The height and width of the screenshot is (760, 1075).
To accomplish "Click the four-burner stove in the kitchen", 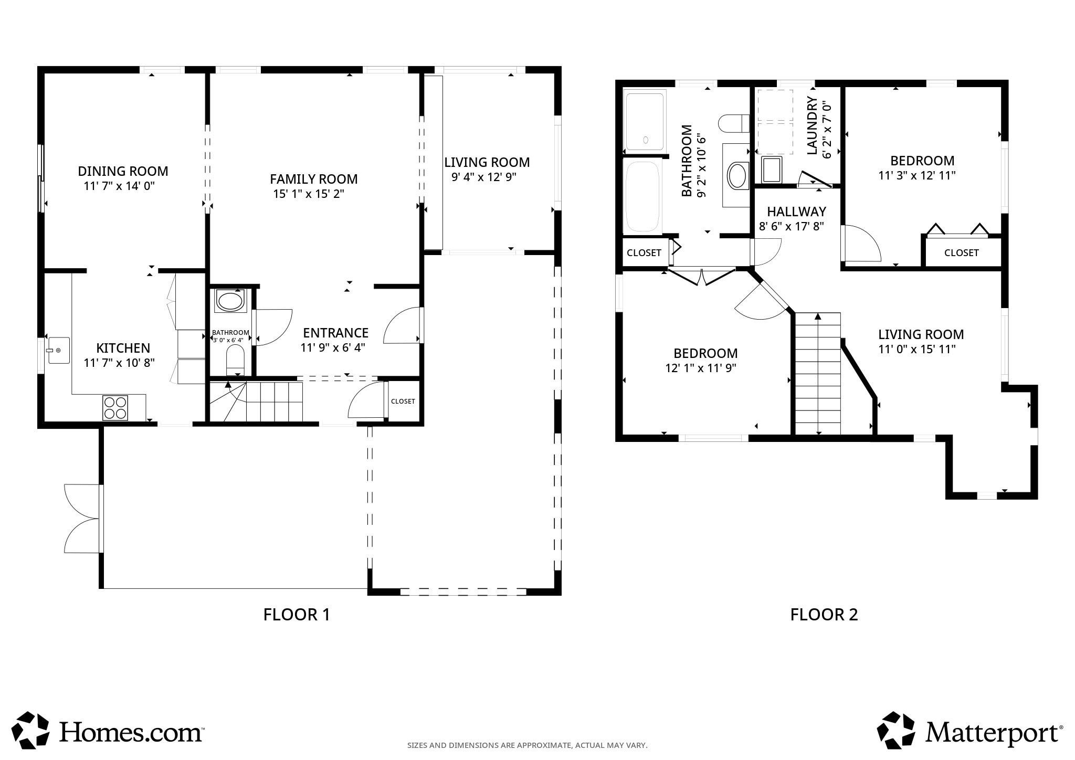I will click(115, 408).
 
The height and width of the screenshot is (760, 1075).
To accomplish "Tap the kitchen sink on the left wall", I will click(58, 350).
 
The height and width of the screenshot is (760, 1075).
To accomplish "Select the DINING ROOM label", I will click(123, 171).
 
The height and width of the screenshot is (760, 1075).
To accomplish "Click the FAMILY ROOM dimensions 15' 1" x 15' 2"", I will click(308, 194).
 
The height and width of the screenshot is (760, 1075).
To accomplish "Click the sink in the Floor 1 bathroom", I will click(230, 302).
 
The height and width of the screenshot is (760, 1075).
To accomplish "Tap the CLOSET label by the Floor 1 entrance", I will click(403, 401).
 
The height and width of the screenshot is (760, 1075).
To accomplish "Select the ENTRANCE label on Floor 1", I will click(335, 333).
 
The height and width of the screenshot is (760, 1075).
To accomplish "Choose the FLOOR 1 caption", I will click(297, 614).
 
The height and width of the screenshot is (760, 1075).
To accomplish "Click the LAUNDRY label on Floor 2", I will click(812, 126).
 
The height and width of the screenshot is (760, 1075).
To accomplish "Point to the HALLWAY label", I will click(796, 212).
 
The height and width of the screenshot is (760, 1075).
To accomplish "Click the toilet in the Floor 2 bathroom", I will click(733, 124).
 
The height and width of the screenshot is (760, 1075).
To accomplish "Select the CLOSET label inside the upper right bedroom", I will click(961, 252).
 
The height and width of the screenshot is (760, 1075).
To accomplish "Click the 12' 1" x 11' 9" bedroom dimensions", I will click(701, 368).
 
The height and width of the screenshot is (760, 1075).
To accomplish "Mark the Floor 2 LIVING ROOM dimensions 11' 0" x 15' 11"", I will click(916, 349).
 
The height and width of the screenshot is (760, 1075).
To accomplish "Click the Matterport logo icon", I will click(896, 731).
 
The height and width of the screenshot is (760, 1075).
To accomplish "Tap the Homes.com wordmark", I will click(131, 732).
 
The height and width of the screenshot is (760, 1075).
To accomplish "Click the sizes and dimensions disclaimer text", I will click(527, 745).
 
